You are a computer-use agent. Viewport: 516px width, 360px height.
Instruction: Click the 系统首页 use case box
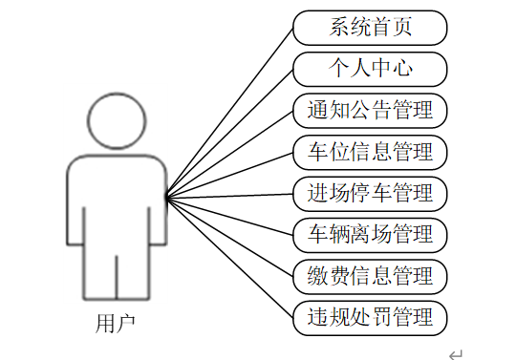(370, 28)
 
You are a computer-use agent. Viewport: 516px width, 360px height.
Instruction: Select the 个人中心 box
(370, 70)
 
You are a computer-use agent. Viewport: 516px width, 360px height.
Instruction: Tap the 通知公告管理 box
(370, 111)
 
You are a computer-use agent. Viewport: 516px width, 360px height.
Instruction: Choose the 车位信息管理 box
(370, 153)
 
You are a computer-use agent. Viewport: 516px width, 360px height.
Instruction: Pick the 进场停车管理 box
(370, 194)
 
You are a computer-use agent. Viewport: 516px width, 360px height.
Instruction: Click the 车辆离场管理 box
(370, 236)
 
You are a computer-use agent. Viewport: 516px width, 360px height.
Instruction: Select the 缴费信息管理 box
(370, 277)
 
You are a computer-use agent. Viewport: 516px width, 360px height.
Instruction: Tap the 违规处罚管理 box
(370, 318)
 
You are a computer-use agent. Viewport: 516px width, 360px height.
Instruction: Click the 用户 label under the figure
(116, 324)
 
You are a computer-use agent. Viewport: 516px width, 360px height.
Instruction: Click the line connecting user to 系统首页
(229, 113)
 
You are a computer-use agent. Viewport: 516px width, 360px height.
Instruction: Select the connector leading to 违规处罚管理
(229, 258)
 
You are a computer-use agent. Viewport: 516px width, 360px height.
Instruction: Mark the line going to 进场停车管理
(229, 196)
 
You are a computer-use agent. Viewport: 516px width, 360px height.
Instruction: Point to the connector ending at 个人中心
(229, 134)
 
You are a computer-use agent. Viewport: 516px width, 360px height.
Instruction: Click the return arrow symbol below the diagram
(456, 355)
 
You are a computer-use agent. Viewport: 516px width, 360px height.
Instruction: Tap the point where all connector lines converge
(167, 198)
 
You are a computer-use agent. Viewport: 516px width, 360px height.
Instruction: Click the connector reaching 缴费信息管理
(229, 237)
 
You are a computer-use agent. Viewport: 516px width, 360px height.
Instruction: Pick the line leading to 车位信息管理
(229, 176)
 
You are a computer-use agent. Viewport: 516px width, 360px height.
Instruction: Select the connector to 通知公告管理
(229, 155)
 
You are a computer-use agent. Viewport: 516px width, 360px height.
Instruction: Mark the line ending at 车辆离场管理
(229, 217)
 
